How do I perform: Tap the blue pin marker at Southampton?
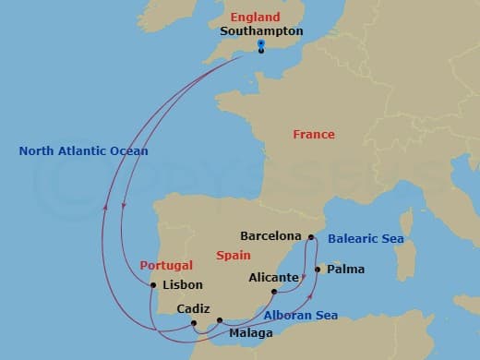pos(261,44)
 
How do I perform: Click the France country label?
pos(314,135)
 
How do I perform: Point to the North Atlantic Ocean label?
pos(83,150)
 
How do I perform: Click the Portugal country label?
pos(166,265)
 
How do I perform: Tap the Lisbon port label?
pos(182,285)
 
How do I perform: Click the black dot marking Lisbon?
pos(153,285)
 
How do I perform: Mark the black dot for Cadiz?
pos(194,323)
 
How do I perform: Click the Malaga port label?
pos(250,332)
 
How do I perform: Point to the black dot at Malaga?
pos(220,321)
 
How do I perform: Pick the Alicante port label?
pos(274,277)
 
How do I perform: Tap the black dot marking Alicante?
pos(274,293)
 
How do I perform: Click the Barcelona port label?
pos(270,235)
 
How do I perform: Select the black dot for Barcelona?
pos(310,236)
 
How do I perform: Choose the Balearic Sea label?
pos(366,238)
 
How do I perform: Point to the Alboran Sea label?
pos(300,315)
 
